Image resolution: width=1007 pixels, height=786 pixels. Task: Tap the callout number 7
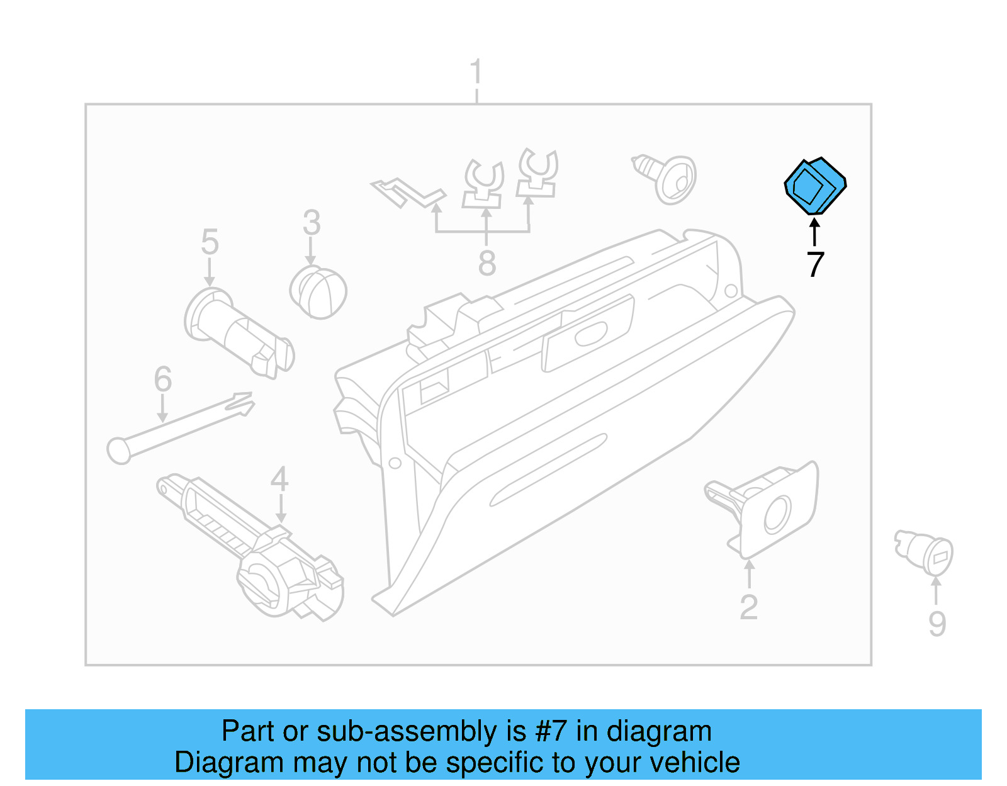click(x=815, y=265)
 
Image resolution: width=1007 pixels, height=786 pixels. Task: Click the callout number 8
click(x=487, y=263)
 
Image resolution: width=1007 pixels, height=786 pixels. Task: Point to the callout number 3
click(x=312, y=223)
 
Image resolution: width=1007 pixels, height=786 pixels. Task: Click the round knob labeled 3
click(x=318, y=292)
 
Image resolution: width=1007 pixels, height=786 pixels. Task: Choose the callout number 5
click(x=210, y=242)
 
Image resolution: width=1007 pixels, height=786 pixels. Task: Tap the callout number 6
click(x=162, y=379)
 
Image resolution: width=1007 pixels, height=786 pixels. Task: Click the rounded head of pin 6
click(x=119, y=451)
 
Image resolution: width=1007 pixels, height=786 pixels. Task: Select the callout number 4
click(x=279, y=480)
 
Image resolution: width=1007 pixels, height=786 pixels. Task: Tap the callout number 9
click(x=937, y=624)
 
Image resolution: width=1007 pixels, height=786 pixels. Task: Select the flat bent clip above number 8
click(x=407, y=191)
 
